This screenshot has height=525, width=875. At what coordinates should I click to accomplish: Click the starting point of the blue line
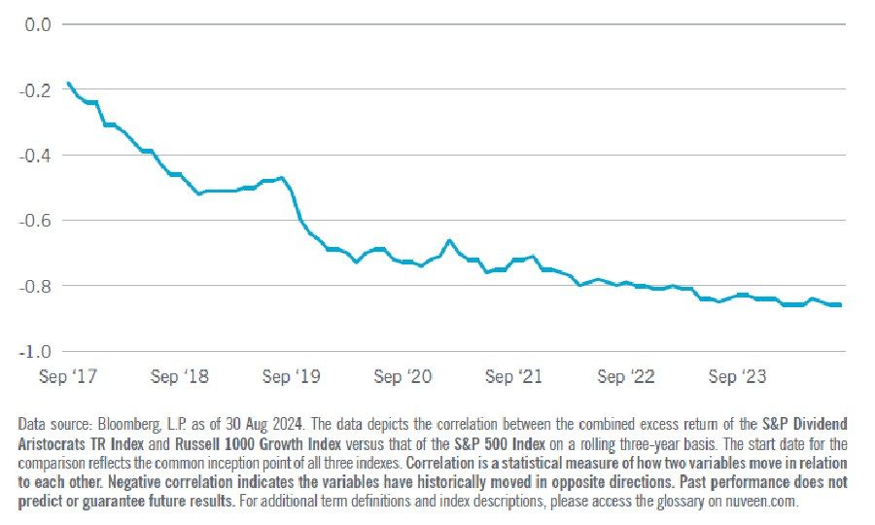pyautogui.click(x=68, y=84)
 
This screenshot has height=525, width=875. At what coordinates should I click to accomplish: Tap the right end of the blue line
pyautogui.click(x=841, y=305)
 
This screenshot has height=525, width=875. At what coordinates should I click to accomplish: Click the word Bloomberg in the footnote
pyautogui.click(x=124, y=425)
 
